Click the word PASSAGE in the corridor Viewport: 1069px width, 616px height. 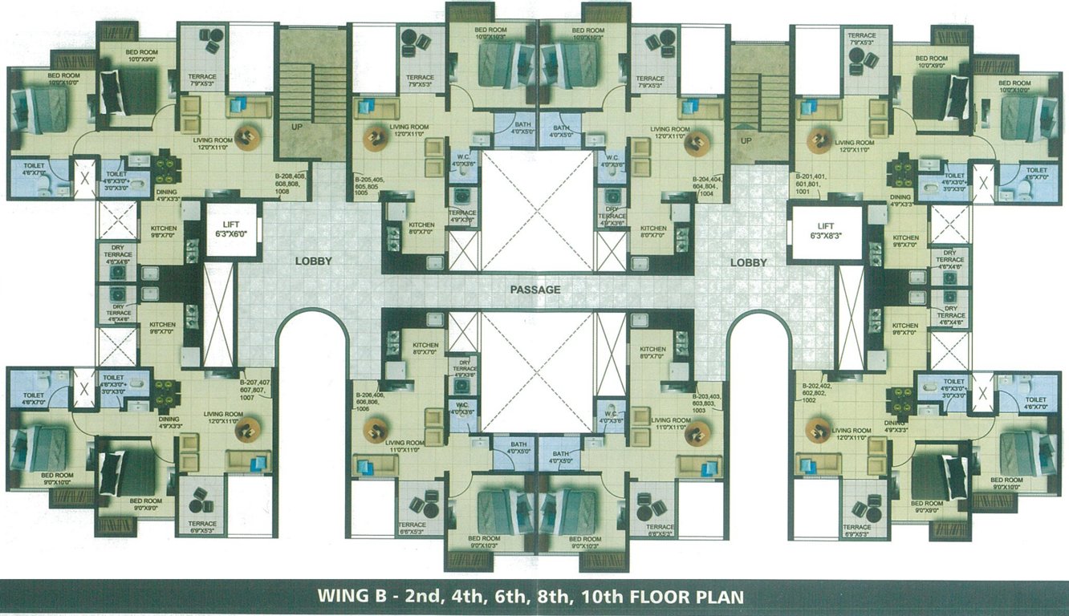(x=534, y=290)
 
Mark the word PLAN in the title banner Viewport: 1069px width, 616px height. (x=720, y=597)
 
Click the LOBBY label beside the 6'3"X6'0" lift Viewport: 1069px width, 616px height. (x=313, y=261)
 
